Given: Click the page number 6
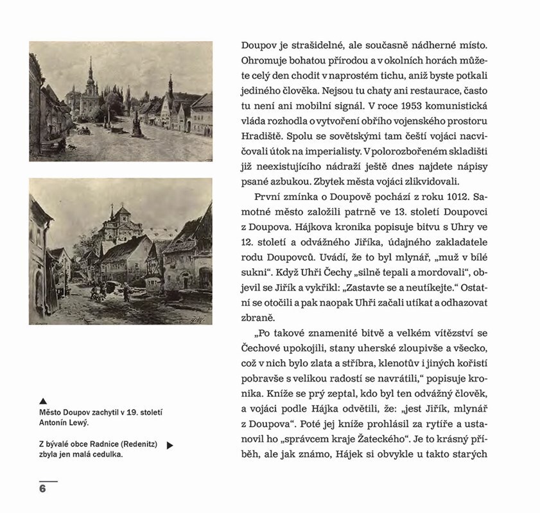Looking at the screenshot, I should pos(42,488).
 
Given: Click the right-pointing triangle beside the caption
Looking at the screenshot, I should pos(170,445).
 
